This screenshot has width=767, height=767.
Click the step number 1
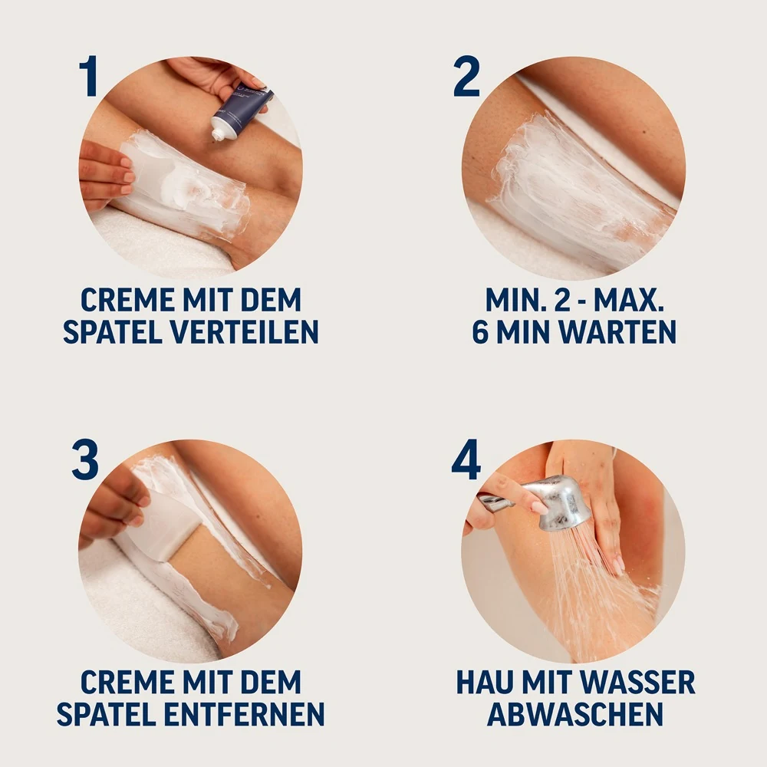[89, 77]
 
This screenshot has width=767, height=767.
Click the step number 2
[466, 77]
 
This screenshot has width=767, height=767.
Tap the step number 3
[85, 460]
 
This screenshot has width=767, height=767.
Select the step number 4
[466, 460]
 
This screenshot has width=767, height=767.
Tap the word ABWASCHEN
[575, 714]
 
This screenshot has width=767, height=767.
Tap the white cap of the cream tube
[220, 133]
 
